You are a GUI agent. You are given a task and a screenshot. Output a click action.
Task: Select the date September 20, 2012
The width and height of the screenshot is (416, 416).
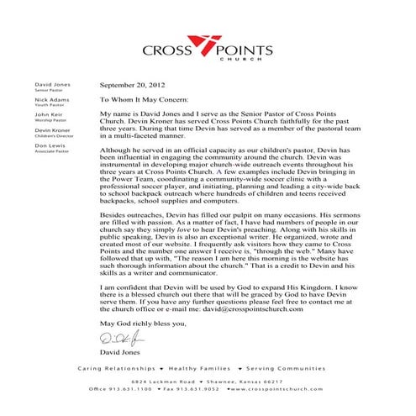coord(130,85)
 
